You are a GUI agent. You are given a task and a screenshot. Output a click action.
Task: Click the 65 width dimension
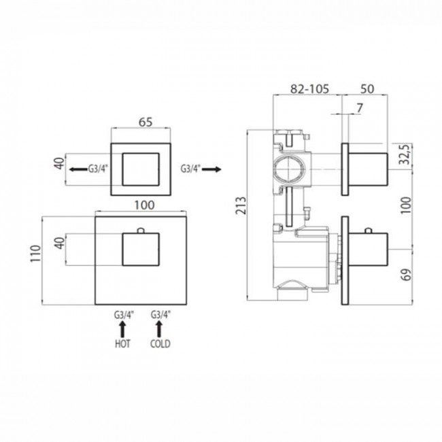(x=145, y=122)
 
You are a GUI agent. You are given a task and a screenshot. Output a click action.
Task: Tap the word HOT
(x=122, y=344)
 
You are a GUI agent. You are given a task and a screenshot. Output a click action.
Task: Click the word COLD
(x=161, y=344)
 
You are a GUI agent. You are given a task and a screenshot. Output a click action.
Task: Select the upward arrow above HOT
(x=122, y=330)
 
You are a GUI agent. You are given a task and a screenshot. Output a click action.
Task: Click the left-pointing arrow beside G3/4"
(x=73, y=168)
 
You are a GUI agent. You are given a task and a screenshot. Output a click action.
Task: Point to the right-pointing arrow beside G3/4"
(x=213, y=168)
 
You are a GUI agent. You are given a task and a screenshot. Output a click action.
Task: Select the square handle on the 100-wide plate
(x=141, y=250)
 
